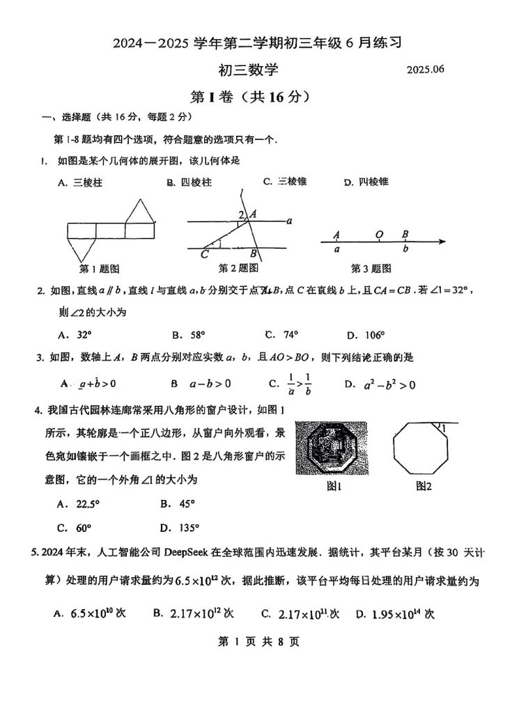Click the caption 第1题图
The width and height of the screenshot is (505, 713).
click(99, 268)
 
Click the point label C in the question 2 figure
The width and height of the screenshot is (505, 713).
click(204, 254)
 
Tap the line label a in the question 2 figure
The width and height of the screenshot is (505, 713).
click(288, 221)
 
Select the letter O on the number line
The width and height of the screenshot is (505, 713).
click(378, 235)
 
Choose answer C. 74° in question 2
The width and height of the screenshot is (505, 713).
click(281, 334)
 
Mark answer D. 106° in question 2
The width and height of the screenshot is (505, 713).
click(366, 334)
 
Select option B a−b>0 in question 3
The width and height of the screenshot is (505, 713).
click(201, 383)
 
